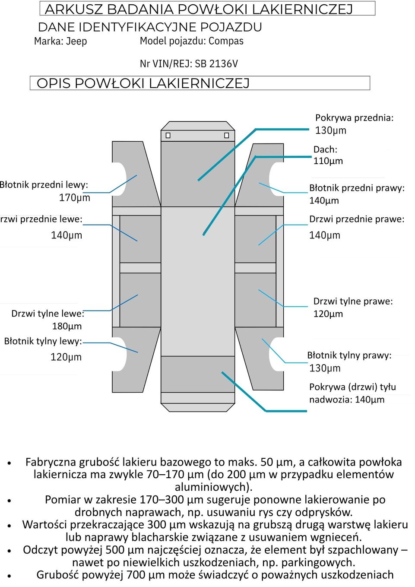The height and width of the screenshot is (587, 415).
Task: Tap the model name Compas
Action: [226, 41]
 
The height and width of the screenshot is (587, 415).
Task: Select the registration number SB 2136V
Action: [216, 64]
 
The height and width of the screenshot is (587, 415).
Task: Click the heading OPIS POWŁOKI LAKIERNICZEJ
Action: [143, 83]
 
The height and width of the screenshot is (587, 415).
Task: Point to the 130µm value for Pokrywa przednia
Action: [330, 130]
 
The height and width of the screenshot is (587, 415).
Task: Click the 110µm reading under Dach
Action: [328, 161]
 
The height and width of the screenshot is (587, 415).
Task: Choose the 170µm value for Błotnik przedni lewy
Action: [74, 198]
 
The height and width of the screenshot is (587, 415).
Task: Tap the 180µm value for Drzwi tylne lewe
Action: [67, 326]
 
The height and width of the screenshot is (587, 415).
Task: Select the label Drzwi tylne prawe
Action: [353, 301]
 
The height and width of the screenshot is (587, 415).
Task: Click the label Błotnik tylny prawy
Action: [349, 355]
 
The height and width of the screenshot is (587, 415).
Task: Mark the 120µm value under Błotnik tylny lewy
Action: [66, 357]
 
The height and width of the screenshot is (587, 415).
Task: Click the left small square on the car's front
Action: [168, 136]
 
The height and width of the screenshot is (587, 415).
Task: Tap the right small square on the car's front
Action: [226, 136]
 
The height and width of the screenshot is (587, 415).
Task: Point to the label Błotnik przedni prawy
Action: [357, 188]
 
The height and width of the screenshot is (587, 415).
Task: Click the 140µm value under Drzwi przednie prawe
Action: [324, 235]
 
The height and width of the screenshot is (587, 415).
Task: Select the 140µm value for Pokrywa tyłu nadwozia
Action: [369, 400]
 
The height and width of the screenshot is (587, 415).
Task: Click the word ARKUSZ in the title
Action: [74, 9]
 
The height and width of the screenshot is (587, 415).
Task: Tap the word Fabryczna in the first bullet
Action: [54, 462]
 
